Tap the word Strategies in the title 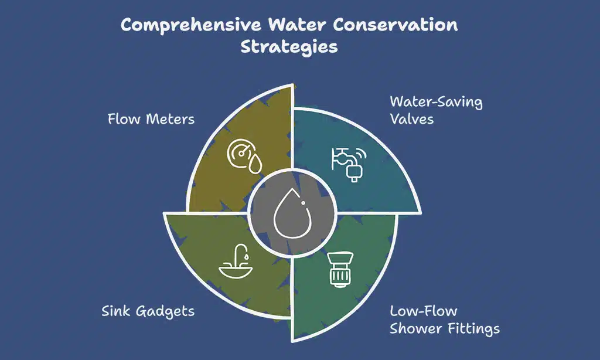click(x=289, y=47)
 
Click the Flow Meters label click(x=151, y=120)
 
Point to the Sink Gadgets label click(x=148, y=311)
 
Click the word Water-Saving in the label click(x=436, y=102)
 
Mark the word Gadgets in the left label click(x=166, y=311)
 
